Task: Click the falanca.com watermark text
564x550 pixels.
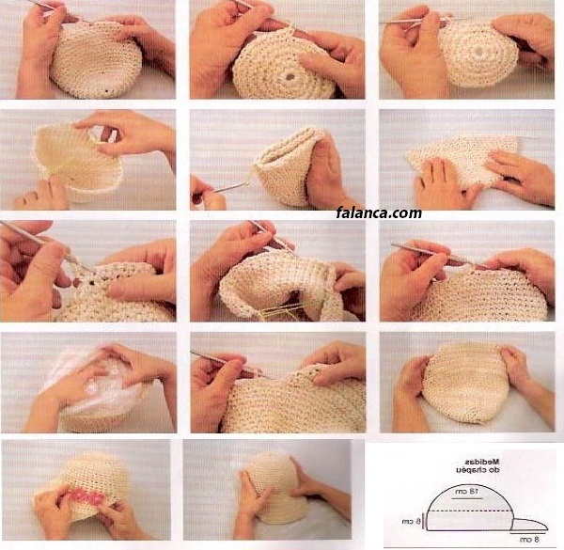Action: tap(379, 213)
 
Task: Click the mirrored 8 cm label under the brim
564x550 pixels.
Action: tap(528, 540)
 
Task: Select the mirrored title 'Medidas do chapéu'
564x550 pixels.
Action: tap(478, 465)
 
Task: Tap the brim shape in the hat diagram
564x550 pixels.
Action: tap(531, 525)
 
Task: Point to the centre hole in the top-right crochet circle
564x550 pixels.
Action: tap(478, 52)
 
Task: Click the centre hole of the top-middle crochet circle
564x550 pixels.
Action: tap(290, 76)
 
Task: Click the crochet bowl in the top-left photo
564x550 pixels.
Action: tap(95, 59)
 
